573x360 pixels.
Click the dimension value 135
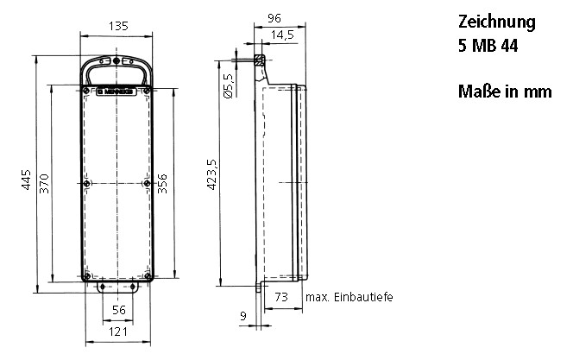click(116, 26)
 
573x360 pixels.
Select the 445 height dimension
click(27, 180)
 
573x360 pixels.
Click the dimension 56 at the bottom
click(119, 310)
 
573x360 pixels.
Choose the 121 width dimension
click(118, 332)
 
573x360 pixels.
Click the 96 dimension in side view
click(275, 16)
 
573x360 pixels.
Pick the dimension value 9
click(244, 316)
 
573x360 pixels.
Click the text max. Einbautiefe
click(349, 298)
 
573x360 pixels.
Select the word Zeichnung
click(496, 22)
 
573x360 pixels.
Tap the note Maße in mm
click(505, 92)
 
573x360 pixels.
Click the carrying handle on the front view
click(116, 63)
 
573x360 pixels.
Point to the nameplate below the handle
click(117, 90)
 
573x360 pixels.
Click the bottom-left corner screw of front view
click(87, 277)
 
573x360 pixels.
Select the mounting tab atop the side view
click(258, 60)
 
